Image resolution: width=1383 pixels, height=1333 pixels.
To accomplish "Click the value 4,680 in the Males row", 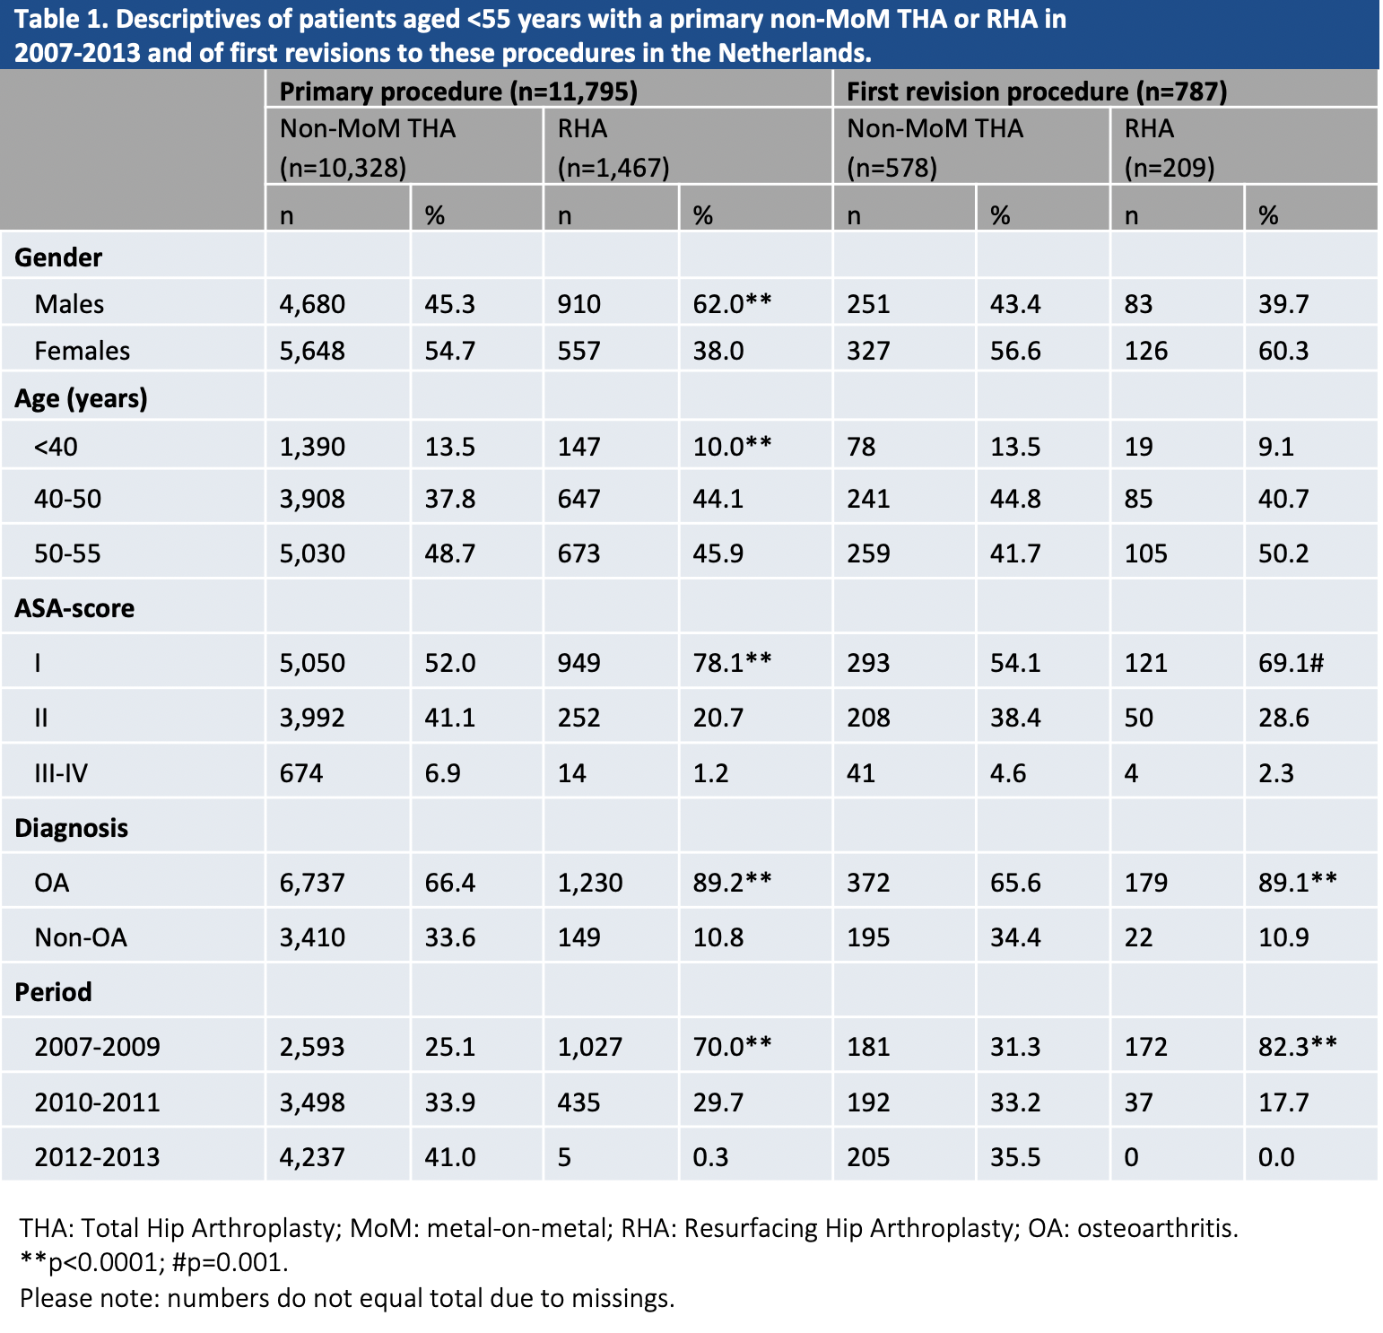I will click(312, 304).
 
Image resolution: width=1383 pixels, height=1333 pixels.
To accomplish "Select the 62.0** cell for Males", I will click(732, 304).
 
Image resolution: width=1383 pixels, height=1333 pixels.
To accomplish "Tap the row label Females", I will click(82, 351).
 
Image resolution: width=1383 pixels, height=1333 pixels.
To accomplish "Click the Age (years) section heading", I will click(81, 398).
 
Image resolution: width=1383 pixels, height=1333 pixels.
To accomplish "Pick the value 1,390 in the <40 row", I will click(312, 447).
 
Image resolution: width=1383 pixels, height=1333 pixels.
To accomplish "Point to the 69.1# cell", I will click(1291, 663).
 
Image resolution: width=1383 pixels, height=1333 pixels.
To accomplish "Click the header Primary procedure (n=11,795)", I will click(458, 91).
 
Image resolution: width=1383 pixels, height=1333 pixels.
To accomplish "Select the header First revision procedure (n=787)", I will click(1037, 91).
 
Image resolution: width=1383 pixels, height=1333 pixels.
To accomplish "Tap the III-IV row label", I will click(61, 773).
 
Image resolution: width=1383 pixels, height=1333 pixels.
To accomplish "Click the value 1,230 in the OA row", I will click(590, 883).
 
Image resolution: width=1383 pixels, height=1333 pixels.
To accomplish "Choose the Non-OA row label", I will click(81, 937).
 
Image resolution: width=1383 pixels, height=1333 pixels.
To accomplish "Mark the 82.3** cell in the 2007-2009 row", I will click(1297, 1047).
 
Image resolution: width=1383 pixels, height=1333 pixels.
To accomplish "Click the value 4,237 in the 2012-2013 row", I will click(312, 1157).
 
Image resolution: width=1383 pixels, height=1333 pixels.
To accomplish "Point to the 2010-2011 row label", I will click(97, 1102).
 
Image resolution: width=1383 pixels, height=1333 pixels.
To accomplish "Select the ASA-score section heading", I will click(74, 608).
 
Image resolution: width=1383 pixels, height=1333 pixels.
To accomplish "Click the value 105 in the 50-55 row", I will click(1145, 553).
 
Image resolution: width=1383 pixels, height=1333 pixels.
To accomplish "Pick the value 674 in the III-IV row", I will click(301, 773).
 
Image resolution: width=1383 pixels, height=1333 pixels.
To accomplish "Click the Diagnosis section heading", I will click(72, 828).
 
